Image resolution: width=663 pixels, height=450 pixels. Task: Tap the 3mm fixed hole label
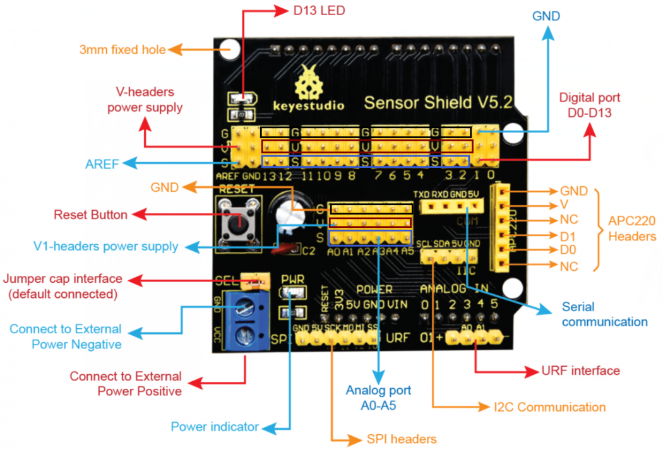tap(122, 49)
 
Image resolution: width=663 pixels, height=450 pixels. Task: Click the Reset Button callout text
tap(90, 215)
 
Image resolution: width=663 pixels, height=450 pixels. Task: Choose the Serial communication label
tap(604, 314)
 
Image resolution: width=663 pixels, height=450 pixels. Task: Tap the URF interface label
tap(580, 370)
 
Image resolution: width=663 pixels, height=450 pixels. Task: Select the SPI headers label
tap(401, 439)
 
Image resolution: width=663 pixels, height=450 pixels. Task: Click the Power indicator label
tap(215, 427)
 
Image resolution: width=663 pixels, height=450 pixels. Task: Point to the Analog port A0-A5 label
tap(378, 398)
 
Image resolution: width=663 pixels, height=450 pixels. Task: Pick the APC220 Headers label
tap(632, 228)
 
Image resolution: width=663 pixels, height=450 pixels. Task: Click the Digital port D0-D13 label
tap(590, 105)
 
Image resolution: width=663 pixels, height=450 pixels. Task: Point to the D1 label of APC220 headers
tap(568, 235)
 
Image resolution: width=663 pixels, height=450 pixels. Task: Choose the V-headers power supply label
tap(145, 100)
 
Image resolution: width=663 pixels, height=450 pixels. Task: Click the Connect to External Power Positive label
tap(126, 384)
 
